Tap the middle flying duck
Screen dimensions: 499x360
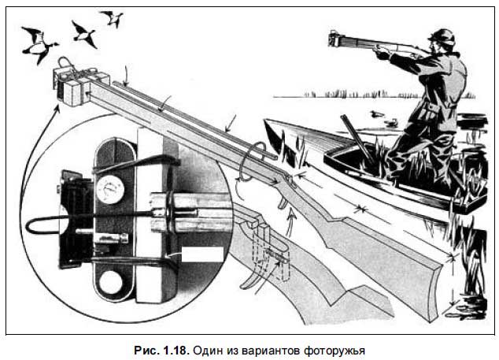[x=83, y=35]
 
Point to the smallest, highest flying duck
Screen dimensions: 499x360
[x=113, y=18]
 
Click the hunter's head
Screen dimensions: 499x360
[x=442, y=40]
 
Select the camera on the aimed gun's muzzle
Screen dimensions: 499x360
[x=335, y=39]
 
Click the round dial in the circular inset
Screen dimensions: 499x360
[x=110, y=190]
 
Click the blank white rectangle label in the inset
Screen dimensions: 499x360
[x=202, y=254]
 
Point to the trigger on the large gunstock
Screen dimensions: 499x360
[x=283, y=202]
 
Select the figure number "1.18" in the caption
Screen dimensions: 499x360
[x=176, y=350]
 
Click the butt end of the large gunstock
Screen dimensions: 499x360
[x=437, y=287]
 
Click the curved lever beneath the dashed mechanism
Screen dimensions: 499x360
[x=253, y=279]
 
